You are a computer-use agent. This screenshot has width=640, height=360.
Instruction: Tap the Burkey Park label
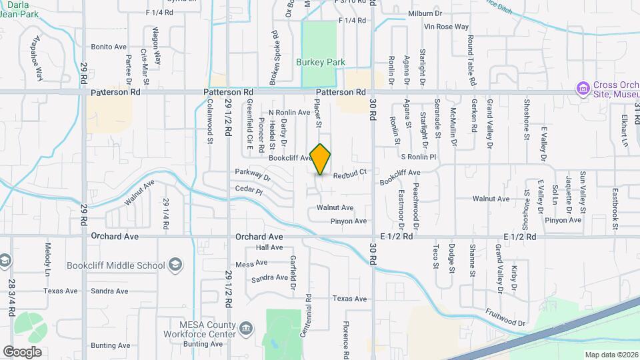[321, 62]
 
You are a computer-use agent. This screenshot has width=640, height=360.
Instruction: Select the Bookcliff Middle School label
[116, 265]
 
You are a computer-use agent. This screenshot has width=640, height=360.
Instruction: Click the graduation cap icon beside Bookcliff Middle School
[175, 265]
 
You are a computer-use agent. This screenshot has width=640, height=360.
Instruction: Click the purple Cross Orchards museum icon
[583, 89]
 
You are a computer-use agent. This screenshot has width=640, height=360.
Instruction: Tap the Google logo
[22, 351]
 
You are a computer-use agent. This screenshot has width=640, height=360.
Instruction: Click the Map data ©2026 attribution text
[611, 355]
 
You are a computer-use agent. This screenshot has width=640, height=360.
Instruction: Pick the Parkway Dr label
[253, 176]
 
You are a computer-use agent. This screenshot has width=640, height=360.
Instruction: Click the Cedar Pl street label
[249, 190]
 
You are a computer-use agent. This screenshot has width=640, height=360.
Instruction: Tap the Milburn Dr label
[443, 12]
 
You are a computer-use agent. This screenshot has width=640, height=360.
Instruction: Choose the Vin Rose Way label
[447, 27]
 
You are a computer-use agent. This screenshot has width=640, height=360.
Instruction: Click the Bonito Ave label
[109, 47]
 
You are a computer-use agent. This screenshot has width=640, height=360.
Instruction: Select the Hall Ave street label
[269, 247]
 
